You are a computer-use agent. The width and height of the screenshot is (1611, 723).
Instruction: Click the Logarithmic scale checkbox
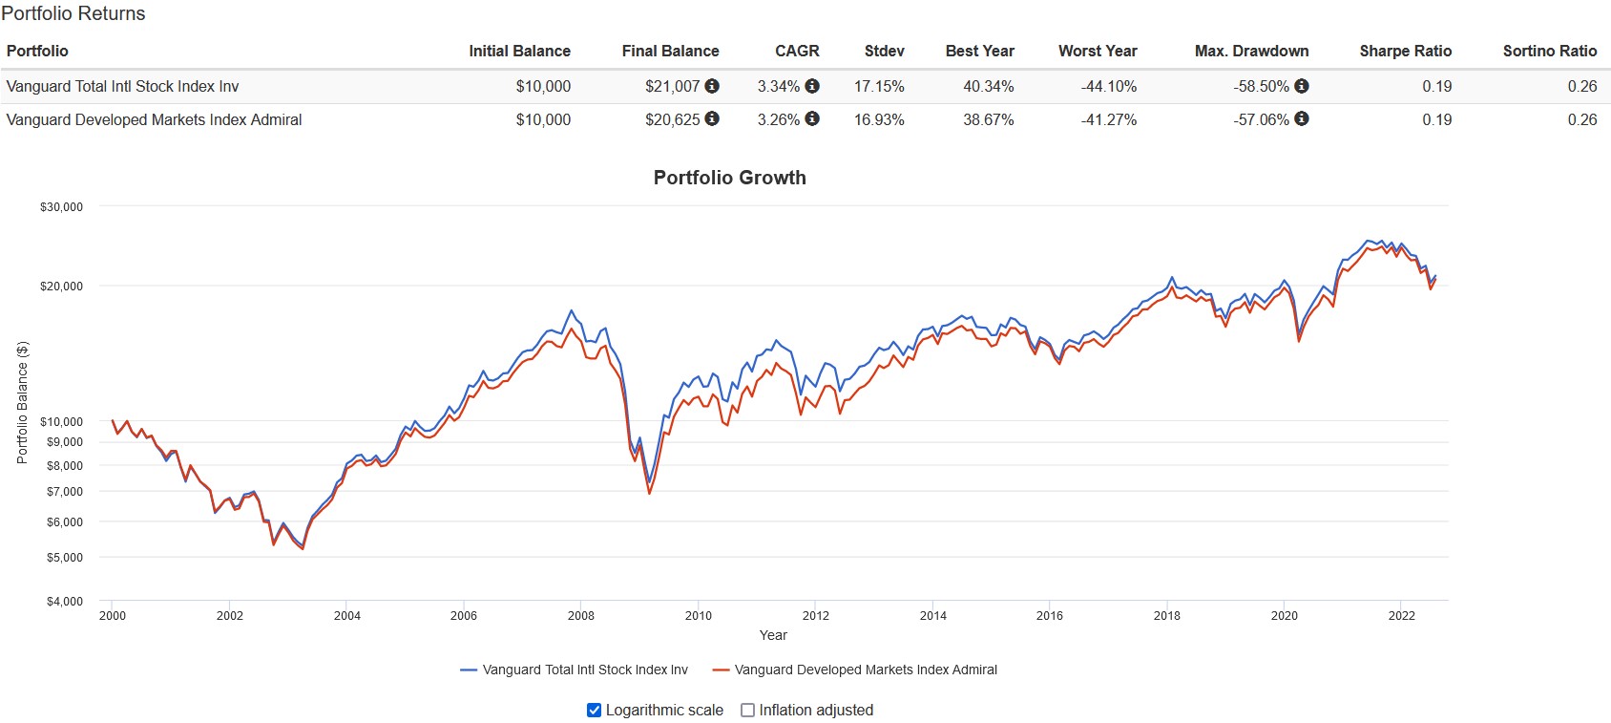[x=594, y=711]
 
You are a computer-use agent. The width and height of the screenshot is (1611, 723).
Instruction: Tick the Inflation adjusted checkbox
[x=748, y=711]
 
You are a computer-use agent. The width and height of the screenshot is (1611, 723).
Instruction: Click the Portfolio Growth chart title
[x=729, y=178]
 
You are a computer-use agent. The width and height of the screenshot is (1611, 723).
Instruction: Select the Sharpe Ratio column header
[x=1405, y=52]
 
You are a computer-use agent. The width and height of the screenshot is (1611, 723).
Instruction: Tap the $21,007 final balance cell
[x=672, y=87]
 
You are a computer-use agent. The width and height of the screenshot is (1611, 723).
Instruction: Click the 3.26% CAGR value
[x=778, y=120]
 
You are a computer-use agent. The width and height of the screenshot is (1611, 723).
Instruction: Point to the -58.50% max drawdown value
[x=1261, y=87]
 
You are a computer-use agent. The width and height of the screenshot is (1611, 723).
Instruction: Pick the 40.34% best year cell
[x=988, y=87]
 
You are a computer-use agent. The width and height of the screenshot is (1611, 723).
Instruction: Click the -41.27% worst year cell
[x=1108, y=120]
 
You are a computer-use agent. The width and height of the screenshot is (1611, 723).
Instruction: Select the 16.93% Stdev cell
[x=878, y=120]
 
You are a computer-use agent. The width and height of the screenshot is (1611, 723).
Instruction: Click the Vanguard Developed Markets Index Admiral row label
[x=154, y=120]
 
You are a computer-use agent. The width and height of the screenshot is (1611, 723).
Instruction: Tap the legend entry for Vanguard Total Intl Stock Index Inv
[x=575, y=670]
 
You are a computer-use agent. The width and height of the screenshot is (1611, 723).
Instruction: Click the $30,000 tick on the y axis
[x=61, y=207]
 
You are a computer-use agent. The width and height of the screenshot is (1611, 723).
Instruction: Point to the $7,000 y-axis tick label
[x=65, y=492]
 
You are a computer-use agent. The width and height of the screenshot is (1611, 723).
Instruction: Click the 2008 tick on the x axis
[x=580, y=616]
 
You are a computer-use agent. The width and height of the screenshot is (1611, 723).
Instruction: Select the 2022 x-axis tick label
[x=1401, y=616]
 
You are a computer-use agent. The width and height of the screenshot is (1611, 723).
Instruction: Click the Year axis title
[x=773, y=636]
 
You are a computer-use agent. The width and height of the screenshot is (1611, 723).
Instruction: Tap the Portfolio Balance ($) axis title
[x=23, y=403]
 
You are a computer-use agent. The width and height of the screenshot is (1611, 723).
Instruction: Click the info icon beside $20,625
[x=712, y=119]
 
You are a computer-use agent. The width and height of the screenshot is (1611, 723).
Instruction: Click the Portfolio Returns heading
[x=73, y=14]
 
